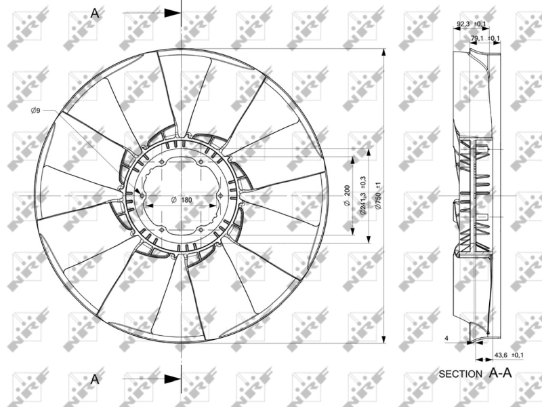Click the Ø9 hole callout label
pos(35,111)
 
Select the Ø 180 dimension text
pos(181,199)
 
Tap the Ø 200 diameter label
pos(346,195)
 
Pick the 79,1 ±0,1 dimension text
pos(485,39)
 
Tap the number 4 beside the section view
pos(447,337)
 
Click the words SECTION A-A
pos(474,373)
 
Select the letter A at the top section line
pos(95,13)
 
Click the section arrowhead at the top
pos(173,13)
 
